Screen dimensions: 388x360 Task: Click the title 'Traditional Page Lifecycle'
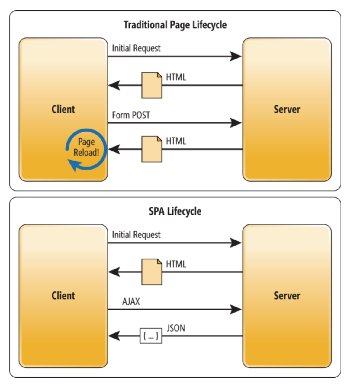click(x=175, y=25)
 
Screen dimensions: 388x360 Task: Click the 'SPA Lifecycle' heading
click(x=175, y=211)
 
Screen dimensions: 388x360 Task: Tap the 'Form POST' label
click(x=131, y=115)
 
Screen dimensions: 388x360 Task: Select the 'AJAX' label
click(x=131, y=301)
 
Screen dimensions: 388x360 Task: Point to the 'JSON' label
click(x=176, y=328)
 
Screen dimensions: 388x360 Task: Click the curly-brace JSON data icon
click(x=151, y=336)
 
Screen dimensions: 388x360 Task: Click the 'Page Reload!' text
click(x=86, y=147)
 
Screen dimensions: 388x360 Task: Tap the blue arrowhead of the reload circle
click(x=74, y=165)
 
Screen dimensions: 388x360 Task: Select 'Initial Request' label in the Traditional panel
click(x=136, y=48)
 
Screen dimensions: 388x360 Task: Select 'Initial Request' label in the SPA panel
click(x=136, y=235)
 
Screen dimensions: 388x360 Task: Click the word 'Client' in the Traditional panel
click(x=63, y=109)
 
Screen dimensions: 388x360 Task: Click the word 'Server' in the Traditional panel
click(x=287, y=109)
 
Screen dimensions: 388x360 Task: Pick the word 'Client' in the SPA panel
click(x=63, y=296)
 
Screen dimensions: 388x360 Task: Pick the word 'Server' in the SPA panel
click(x=287, y=296)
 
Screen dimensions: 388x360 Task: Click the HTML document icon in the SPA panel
click(x=152, y=272)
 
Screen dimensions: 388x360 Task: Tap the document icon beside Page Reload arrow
click(x=152, y=149)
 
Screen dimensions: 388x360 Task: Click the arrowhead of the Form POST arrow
click(x=236, y=123)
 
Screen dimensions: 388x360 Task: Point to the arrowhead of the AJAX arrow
click(x=236, y=309)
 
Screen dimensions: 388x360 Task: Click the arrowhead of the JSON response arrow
click(x=114, y=336)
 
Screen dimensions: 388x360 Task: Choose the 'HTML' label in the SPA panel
click(x=176, y=264)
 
